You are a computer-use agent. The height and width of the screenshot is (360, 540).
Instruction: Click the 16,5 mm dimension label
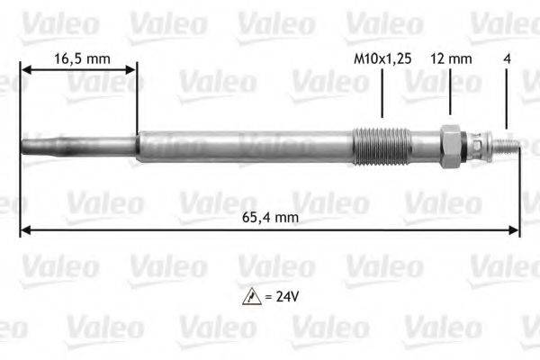point(82,58)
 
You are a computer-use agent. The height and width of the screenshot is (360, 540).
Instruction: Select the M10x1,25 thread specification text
point(382,58)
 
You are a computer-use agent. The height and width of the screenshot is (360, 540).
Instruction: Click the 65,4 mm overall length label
point(269,217)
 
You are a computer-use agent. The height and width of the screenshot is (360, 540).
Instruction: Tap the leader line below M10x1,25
point(382,94)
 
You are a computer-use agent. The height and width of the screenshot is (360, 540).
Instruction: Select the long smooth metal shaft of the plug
point(243,145)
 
